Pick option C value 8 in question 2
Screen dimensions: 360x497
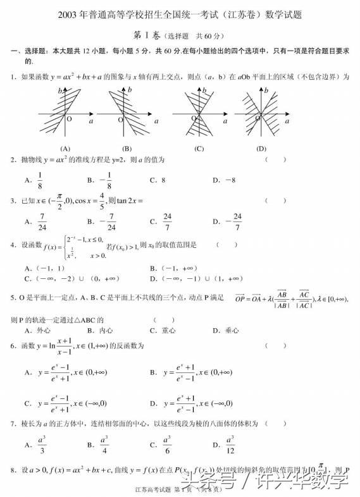pyautogui.click(x=162, y=180)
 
